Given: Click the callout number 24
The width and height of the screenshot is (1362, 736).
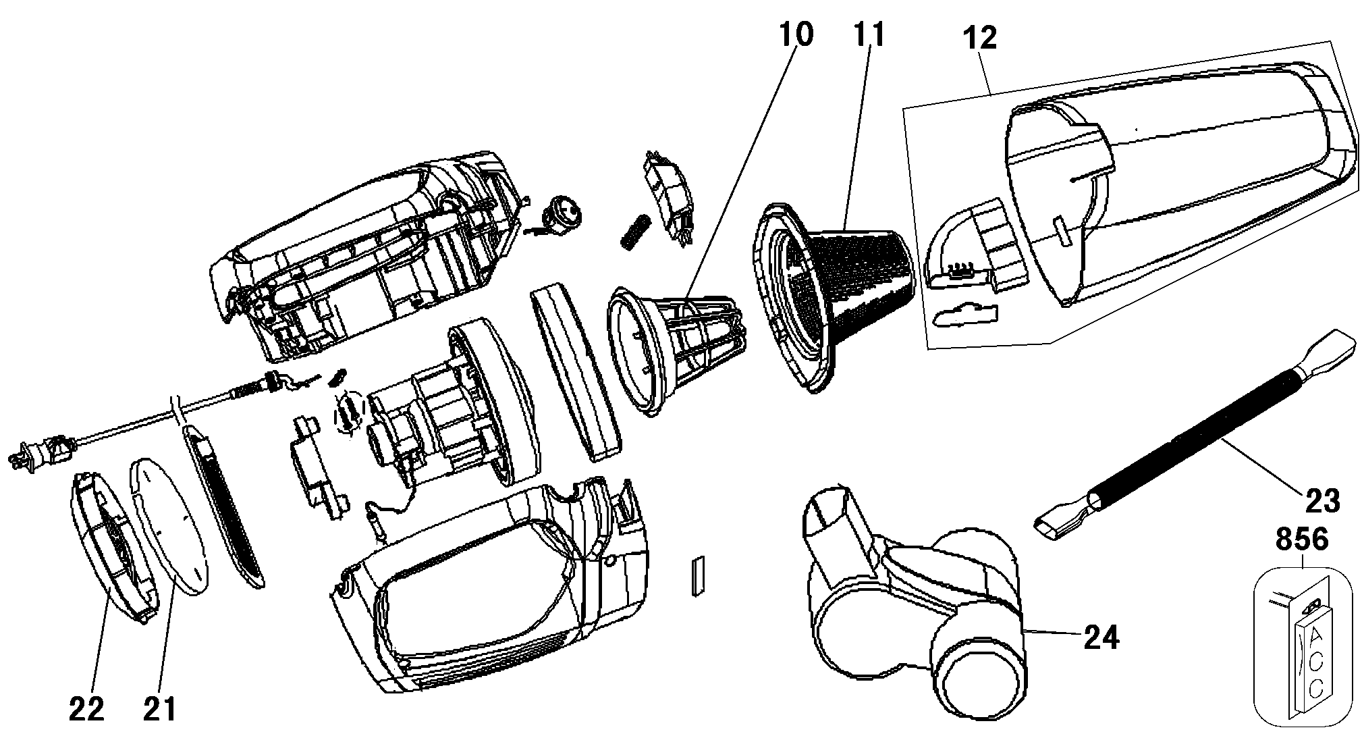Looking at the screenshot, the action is [x=1101, y=637].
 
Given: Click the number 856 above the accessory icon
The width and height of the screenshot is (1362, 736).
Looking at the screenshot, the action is [x=1302, y=540].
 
